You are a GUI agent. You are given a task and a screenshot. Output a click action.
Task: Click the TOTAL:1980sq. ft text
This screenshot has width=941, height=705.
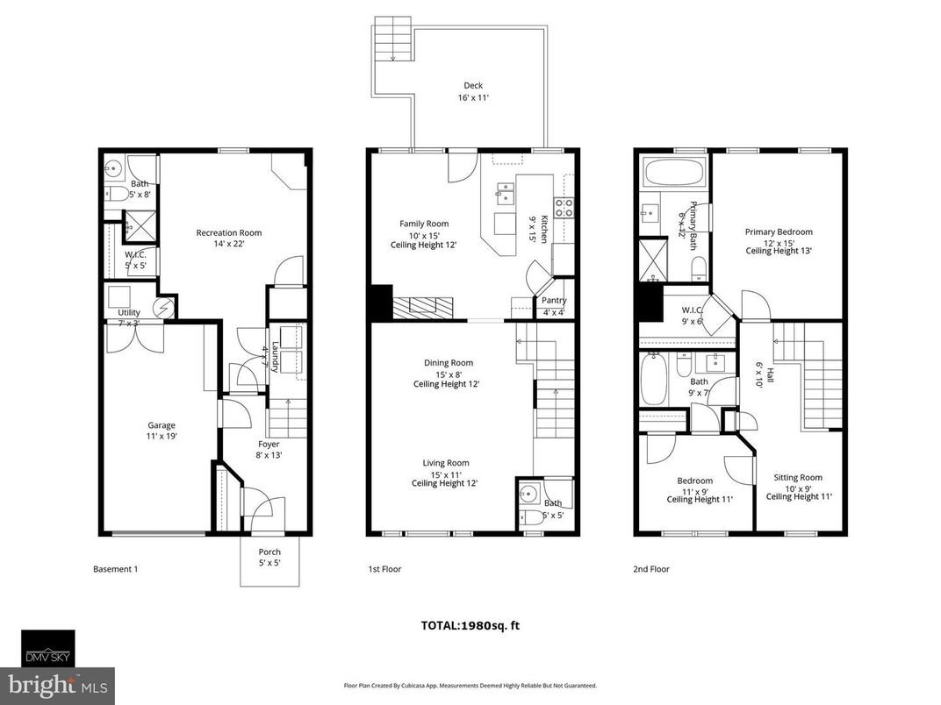pos(470,625)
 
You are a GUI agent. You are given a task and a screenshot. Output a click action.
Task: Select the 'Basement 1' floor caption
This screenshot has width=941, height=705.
pos(115,569)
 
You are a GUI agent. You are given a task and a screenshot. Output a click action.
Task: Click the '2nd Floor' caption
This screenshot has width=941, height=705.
pos(651,569)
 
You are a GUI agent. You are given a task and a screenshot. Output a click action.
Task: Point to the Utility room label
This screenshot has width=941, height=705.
pos(117,313)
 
